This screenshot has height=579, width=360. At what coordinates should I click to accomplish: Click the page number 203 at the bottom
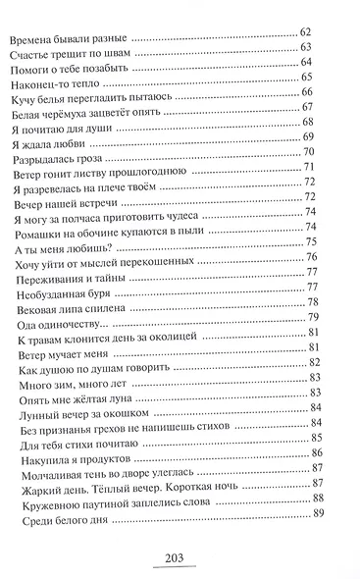click(x=180, y=560)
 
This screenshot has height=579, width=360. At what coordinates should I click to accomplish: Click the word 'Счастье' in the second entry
click(x=32, y=57)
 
